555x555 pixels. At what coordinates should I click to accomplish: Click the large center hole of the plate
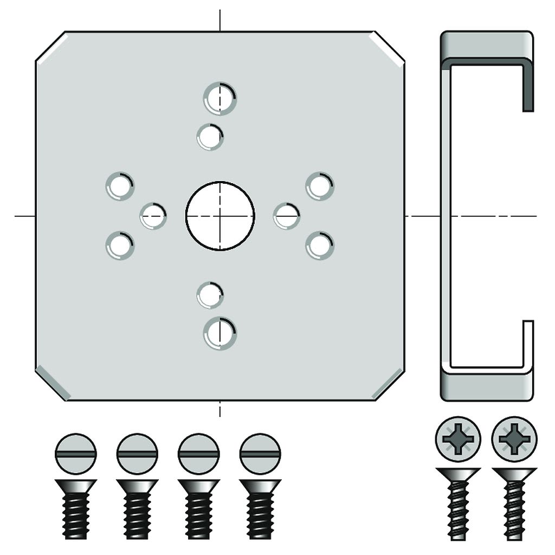click(x=220, y=216)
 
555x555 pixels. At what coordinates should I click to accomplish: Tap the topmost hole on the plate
click(x=220, y=98)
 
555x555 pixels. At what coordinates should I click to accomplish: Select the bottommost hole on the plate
click(x=220, y=333)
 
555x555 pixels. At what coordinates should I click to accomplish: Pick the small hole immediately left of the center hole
click(x=153, y=216)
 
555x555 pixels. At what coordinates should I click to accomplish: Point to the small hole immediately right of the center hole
click(x=286, y=216)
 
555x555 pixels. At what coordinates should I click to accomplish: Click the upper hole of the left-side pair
click(x=120, y=186)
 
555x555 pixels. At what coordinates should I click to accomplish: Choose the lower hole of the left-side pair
click(x=120, y=245)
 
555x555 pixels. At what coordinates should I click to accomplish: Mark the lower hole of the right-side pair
click(x=320, y=245)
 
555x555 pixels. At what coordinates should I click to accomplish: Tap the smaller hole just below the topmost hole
click(x=210, y=137)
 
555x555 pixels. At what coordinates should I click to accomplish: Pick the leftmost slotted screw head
click(x=76, y=454)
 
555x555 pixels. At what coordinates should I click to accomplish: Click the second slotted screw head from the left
click(x=137, y=454)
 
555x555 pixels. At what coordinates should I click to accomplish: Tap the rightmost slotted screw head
click(x=260, y=454)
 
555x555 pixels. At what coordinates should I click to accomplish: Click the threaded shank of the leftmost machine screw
click(x=76, y=515)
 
